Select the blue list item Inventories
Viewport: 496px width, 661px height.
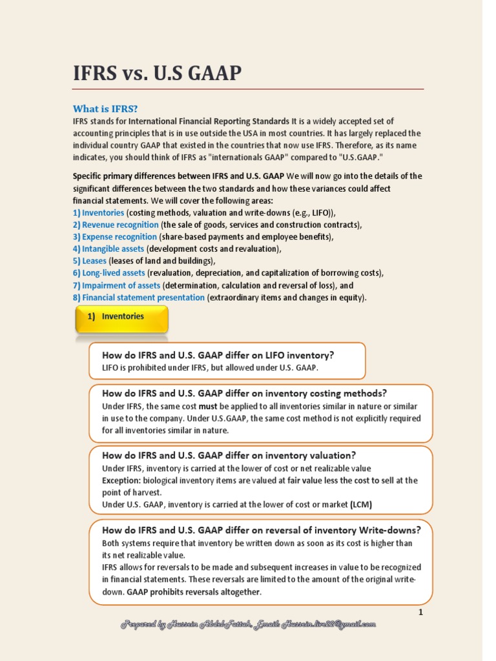[x=103, y=212]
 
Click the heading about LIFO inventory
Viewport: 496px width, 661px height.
[x=218, y=355]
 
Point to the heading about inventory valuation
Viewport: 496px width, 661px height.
[x=229, y=455]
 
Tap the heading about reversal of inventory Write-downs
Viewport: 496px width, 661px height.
[x=261, y=530]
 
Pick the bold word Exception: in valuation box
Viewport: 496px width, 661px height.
[x=121, y=480]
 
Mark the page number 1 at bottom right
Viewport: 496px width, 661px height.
[x=420, y=613]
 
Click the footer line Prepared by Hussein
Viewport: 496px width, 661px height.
[x=248, y=624]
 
